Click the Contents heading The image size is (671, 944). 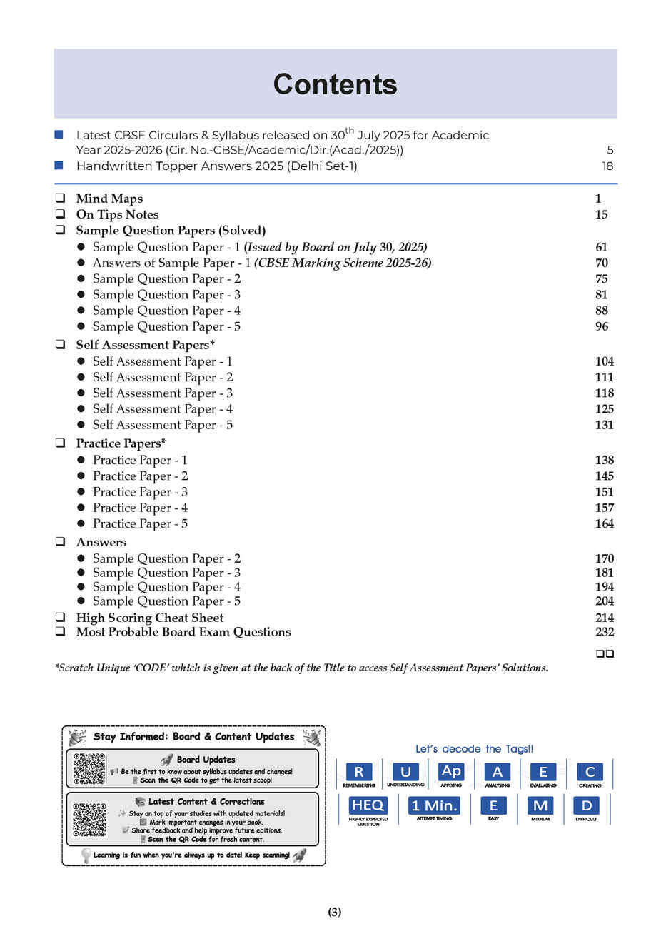click(x=335, y=84)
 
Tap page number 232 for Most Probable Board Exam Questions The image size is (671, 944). click(x=604, y=632)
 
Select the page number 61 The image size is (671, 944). click(x=601, y=247)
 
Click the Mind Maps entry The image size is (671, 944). click(x=109, y=199)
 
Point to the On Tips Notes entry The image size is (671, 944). click(x=117, y=214)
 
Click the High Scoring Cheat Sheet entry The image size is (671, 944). click(x=149, y=618)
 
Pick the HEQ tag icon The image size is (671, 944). click(x=368, y=805)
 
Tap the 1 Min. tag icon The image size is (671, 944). click(x=434, y=805)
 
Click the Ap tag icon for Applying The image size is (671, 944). click(x=451, y=771)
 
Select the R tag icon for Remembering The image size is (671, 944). click(x=358, y=772)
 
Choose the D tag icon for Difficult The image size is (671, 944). click(x=586, y=805)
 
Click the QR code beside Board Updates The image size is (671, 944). click(x=89, y=769)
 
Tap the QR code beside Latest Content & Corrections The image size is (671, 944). click(x=89, y=819)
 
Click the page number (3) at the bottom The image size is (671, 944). click(x=335, y=912)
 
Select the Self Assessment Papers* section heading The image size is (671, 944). click(x=145, y=345)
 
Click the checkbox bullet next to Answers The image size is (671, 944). click(x=61, y=542)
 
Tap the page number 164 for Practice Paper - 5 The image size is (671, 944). click(x=604, y=523)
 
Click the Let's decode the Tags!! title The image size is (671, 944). click(x=474, y=749)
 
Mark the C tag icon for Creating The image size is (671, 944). click(x=590, y=772)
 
